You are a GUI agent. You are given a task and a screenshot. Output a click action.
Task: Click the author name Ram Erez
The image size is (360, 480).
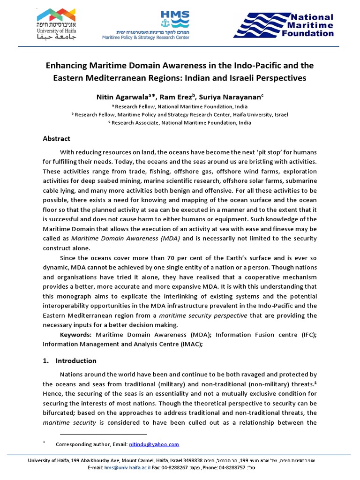coord(178,97)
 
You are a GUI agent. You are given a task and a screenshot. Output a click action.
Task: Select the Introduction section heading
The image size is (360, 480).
coord(75,360)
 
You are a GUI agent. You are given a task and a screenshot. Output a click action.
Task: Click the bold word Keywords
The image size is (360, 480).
coord(76,335)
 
